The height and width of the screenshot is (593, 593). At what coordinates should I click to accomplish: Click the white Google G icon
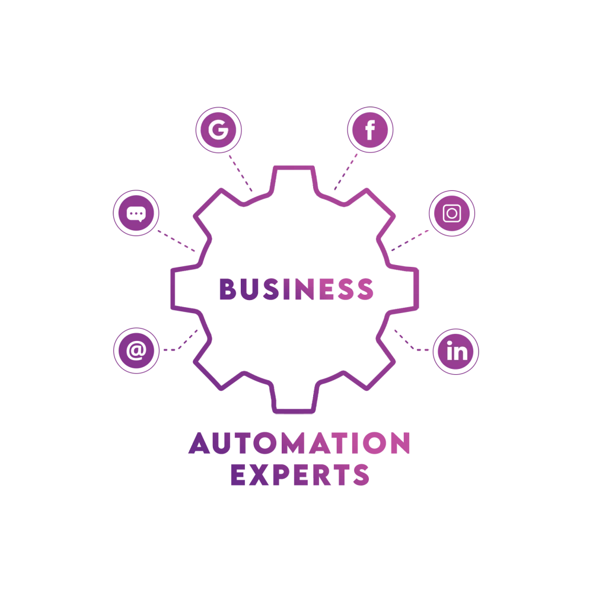point(218,130)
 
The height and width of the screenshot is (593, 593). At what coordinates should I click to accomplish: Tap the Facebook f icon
point(369,130)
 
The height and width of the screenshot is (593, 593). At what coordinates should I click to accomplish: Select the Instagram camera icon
point(452,212)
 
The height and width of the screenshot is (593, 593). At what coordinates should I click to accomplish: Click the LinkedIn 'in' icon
point(457,352)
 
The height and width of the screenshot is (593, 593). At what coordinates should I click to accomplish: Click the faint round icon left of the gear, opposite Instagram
point(135,212)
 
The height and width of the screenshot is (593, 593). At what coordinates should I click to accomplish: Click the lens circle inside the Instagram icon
point(452,212)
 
